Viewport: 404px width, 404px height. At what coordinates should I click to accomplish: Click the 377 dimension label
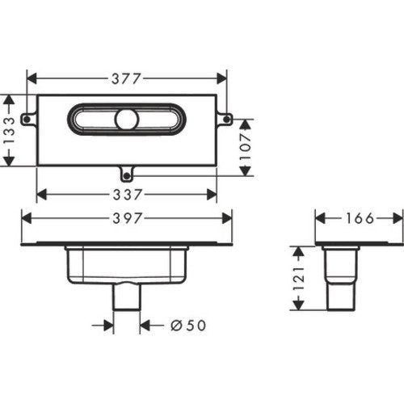pyautogui.click(x=126, y=78)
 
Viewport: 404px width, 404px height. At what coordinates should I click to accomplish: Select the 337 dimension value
pyautogui.click(x=127, y=195)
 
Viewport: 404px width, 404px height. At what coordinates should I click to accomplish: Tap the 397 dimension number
pyautogui.click(x=127, y=218)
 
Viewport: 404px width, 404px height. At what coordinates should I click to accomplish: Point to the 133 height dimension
pyautogui.click(x=9, y=131)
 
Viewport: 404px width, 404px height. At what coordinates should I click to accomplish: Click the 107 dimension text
pyautogui.click(x=245, y=147)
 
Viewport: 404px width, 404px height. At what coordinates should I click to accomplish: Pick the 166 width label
pyautogui.click(x=360, y=218)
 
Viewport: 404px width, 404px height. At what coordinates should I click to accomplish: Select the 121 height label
pyautogui.click(x=298, y=278)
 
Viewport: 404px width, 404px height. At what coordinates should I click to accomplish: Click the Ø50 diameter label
pyautogui.click(x=188, y=326)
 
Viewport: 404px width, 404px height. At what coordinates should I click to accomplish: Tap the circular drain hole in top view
pyautogui.click(x=127, y=120)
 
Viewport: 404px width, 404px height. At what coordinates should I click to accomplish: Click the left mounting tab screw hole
pyautogui.click(x=27, y=119)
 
